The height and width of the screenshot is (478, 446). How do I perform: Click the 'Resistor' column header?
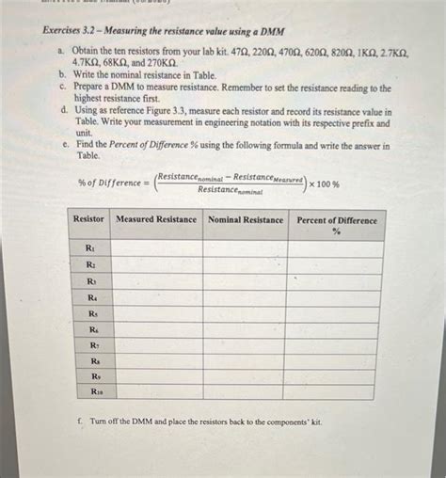(89, 219)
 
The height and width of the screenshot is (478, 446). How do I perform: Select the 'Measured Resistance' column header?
(156, 219)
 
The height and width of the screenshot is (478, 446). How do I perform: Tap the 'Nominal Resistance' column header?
(246, 219)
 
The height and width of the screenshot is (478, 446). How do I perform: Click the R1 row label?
(90, 248)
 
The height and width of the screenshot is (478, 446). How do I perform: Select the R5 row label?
(92, 313)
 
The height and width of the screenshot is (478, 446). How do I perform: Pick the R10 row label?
(96, 390)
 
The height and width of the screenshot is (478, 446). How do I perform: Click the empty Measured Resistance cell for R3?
(157, 281)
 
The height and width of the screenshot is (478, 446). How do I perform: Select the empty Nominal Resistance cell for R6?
(247, 329)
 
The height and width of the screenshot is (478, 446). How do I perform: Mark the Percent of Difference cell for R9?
(335, 375)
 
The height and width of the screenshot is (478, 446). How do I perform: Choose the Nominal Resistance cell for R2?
(246, 265)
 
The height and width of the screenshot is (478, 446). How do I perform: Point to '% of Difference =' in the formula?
(110, 183)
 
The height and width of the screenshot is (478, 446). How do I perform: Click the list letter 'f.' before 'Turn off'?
(85, 422)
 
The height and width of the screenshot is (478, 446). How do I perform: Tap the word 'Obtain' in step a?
(85, 56)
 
